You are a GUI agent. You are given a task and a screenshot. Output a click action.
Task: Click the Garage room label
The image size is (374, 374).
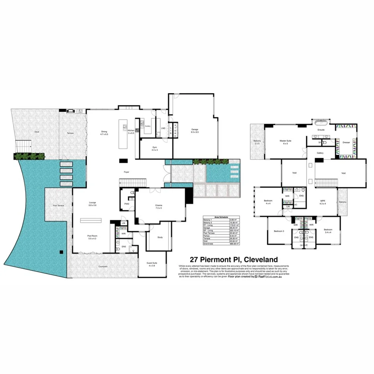point(195,130)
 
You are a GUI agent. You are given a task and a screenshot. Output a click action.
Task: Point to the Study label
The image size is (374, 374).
point(160,237)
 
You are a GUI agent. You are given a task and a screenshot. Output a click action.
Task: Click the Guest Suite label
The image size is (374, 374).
point(152,264)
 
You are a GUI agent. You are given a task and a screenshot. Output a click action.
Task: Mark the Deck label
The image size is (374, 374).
point(37,132)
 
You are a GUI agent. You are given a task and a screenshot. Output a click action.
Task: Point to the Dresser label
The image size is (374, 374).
point(346,142)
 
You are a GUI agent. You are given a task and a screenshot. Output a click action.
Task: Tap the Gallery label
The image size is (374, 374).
point(320,153)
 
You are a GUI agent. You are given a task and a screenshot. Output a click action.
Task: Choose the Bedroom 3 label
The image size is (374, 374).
point(279,231)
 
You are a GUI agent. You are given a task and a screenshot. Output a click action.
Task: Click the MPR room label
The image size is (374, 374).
point(322,201)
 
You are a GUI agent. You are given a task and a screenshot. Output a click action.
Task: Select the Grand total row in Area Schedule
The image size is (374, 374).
point(222,244)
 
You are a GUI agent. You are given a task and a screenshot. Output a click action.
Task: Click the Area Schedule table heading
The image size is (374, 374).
point(222,216)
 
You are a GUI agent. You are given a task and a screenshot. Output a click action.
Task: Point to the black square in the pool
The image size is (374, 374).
point(61,252)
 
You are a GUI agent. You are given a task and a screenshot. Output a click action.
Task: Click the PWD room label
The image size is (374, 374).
point(126,204)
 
